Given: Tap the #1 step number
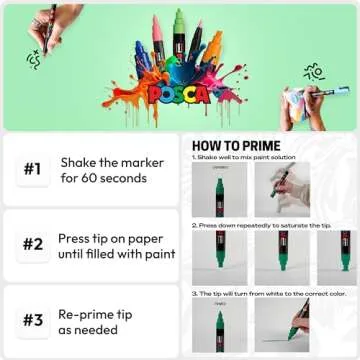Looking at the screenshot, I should [x=32, y=169].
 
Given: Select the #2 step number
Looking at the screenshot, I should [x=32, y=244].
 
